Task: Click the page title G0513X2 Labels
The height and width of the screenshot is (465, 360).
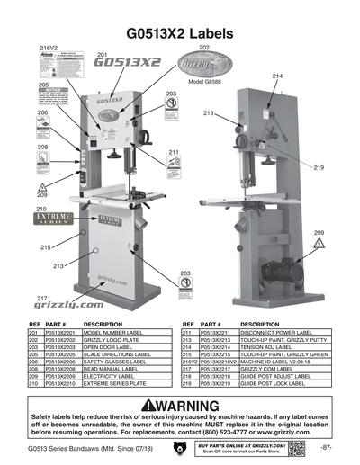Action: coord(180,32)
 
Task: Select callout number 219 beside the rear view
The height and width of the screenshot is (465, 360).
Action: coord(319,168)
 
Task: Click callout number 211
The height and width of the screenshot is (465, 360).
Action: coord(174,154)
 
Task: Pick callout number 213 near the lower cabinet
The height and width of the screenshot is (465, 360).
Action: coord(58,266)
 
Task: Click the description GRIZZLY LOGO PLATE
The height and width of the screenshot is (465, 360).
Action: coord(115,339)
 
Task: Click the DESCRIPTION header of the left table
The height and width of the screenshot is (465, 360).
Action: coord(103,324)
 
